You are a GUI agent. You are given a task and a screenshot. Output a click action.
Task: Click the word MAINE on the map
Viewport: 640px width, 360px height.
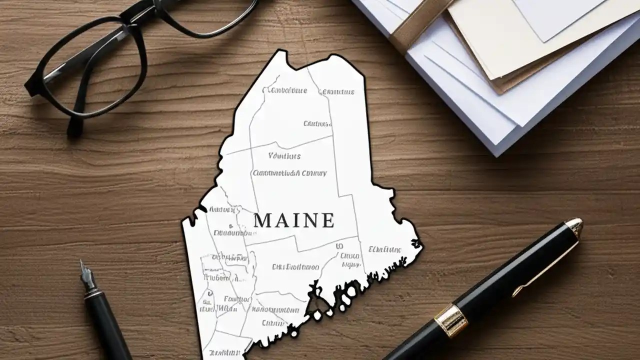click(293, 220)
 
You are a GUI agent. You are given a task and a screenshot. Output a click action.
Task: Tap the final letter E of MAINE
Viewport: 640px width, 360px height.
click(327, 220)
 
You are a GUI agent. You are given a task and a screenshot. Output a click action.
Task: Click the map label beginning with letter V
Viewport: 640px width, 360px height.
click(284, 156)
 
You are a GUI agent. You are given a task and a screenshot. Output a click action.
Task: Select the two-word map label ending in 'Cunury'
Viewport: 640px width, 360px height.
click(289, 173)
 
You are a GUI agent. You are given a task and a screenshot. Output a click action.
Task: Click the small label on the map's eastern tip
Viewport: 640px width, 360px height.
click(384, 249)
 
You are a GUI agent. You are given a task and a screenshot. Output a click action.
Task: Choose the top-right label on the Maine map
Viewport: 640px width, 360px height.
click(338, 92)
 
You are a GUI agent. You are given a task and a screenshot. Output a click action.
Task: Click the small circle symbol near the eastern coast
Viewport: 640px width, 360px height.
click(340, 246)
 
